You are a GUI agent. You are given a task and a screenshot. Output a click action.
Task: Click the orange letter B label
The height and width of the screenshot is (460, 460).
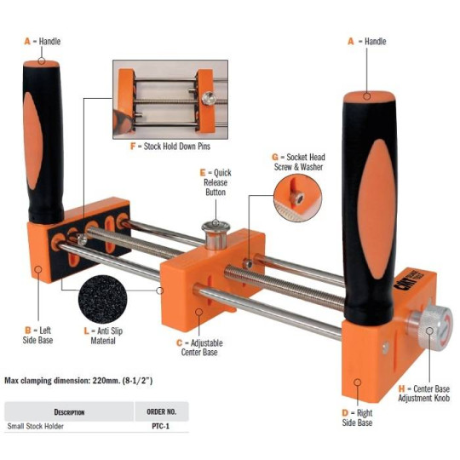pyautogui.click(x=28, y=331)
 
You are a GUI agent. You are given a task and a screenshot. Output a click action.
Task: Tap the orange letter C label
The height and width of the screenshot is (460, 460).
pyautogui.click(x=180, y=342)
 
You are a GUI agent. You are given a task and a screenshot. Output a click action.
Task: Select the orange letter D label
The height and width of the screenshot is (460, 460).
pyautogui.click(x=345, y=413)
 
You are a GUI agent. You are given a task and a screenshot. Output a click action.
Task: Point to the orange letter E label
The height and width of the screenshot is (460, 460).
pyautogui.click(x=203, y=172)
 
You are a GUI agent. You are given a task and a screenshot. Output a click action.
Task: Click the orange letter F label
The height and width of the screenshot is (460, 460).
pyautogui.click(x=133, y=147)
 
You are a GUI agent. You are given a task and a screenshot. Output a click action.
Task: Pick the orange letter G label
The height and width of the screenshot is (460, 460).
pyautogui.click(x=275, y=158)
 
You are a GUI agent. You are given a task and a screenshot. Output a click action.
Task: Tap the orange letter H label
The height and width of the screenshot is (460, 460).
pyautogui.click(x=401, y=388)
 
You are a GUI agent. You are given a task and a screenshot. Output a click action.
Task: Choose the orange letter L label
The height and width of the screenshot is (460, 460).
pyautogui.click(x=86, y=331)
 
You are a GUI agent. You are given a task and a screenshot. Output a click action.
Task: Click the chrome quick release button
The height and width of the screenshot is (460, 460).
pyautogui.click(x=216, y=236)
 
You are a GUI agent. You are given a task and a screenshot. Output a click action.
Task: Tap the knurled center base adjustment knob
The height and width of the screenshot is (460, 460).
pyautogui.click(x=433, y=325)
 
